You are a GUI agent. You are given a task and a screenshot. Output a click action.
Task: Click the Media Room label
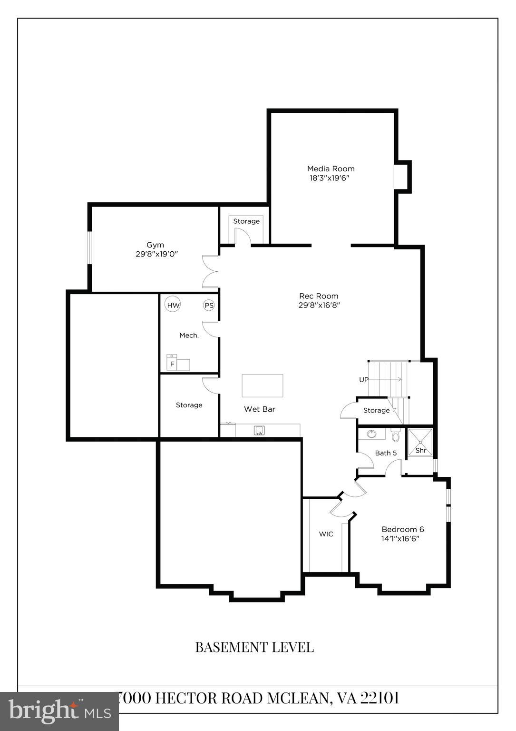click(x=331, y=168)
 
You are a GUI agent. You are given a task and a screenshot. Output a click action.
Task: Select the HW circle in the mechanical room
click(x=173, y=305)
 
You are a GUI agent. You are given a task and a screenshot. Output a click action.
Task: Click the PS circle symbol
click(x=209, y=306)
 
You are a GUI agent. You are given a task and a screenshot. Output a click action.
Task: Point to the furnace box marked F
click(x=172, y=364)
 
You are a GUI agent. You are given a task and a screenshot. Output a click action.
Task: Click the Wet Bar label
click(x=259, y=409)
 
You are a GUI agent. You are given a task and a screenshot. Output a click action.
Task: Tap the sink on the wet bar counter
click(x=259, y=431)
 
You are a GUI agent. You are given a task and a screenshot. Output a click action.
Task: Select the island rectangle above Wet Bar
click(x=263, y=385)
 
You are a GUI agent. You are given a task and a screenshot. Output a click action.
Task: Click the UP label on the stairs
click(x=364, y=380)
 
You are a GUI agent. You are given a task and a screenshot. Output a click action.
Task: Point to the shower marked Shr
click(x=420, y=450)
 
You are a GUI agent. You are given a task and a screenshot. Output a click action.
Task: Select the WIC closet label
click(x=326, y=534)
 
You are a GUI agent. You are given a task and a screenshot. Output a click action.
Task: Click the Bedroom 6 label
click(x=403, y=529)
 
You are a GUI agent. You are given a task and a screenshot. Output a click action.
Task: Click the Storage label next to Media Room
click(x=246, y=221)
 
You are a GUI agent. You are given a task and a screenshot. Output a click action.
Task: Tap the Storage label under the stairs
click(x=376, y=410)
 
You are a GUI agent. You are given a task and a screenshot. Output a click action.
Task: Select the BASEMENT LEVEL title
click(x=254, y=647)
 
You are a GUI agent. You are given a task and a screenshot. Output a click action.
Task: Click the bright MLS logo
click(x=59, y=711)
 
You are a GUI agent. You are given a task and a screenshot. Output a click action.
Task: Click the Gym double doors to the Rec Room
click(x=210, y=272)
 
